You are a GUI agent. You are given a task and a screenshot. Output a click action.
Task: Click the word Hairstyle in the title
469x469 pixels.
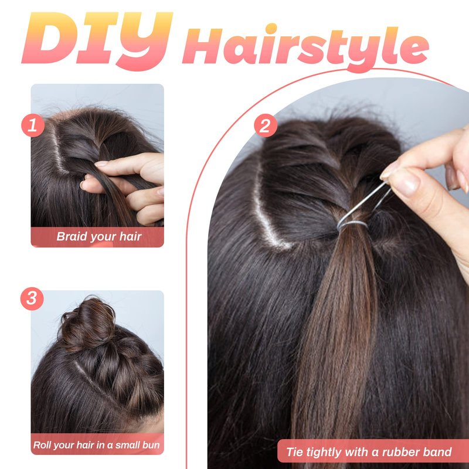click(305, 48)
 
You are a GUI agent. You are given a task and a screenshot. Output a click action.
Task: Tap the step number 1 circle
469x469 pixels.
click(33, 125)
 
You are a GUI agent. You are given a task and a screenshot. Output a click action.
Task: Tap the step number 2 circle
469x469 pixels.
click(266, 125)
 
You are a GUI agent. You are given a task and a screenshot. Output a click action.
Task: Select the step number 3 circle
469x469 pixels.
click(32, 299)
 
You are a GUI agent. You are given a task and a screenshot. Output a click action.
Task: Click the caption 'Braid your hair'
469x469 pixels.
click(98, 237)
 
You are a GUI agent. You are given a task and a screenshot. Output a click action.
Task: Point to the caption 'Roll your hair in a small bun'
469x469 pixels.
click(96, 445)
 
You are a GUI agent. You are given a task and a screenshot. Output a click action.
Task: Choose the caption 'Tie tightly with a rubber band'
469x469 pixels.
click(369, 452)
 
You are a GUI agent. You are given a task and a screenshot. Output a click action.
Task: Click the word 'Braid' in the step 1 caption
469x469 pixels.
click(72, 236)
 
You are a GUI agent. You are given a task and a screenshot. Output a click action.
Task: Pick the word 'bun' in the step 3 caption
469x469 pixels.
click(151, 445)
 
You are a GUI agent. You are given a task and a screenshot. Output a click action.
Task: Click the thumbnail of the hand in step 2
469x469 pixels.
click(401, 182)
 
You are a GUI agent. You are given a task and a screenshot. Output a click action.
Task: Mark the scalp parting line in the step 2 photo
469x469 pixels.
click(266, 215)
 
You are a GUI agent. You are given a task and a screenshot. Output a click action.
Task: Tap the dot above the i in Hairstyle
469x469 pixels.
click(271, 28)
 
